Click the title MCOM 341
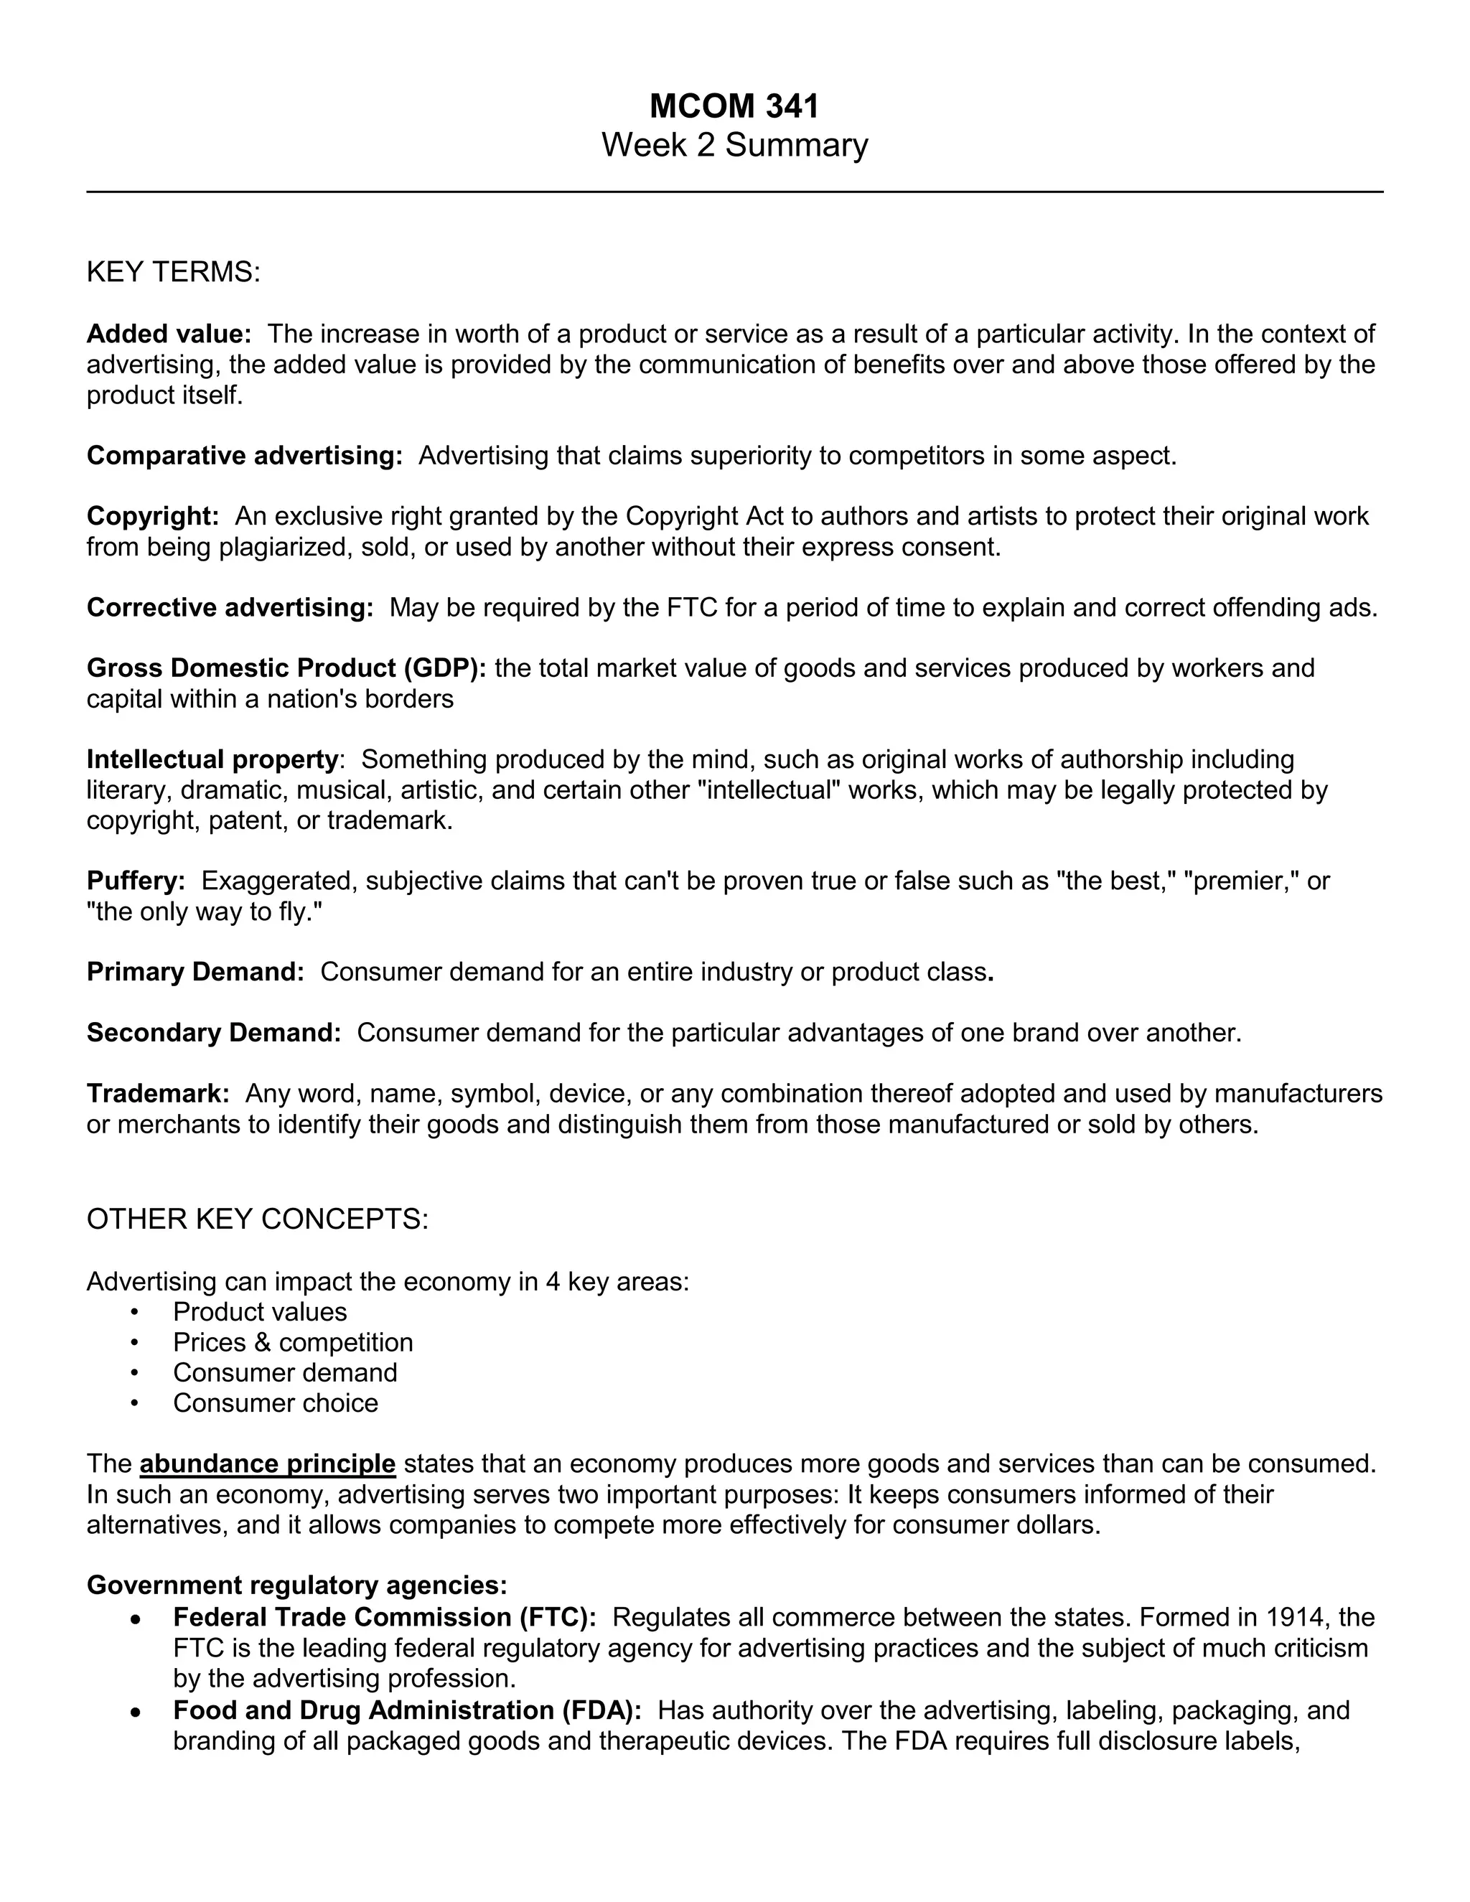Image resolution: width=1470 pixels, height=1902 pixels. (x=734, y=106)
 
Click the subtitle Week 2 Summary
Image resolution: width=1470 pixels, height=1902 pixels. (x=734, y=144)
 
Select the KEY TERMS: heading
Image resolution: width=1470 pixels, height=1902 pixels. (x=173, y=273)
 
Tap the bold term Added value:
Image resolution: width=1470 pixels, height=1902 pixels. (x=169, y=334)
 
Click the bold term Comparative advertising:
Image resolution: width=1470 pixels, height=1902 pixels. (x=245, y=456)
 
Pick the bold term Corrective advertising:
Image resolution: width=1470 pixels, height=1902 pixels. (x=230, y=608)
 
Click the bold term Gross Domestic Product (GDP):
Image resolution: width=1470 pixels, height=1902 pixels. (x=286, y=668)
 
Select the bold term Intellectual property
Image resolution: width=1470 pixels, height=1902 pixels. (x=212, y=759)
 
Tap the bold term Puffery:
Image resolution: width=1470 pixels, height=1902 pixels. (x=136, y=881)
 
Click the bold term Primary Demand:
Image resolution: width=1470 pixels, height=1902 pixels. (x=195, y=972)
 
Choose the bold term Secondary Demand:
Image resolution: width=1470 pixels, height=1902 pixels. (x=213, y=1033)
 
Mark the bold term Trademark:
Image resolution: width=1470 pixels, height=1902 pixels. (x=158, y=1094)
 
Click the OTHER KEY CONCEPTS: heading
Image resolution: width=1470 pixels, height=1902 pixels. (x=257, y=1219)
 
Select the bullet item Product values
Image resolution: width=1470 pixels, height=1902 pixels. (x=260, y=1311)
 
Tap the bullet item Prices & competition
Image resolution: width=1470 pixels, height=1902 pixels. (x=293, y=1342)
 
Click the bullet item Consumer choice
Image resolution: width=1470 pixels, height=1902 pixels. (x=275, y=1403)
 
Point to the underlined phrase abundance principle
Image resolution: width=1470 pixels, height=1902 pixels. (x=267, y=1464)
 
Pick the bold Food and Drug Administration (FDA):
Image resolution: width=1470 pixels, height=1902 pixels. (x=407, y=1710)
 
